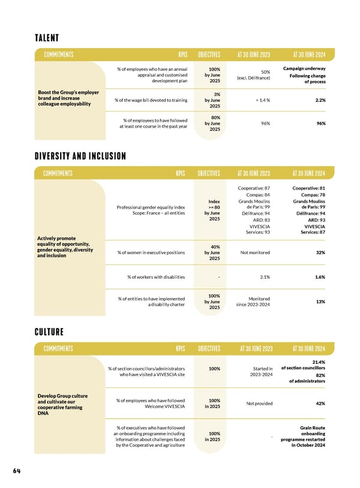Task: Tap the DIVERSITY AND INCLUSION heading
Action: coord(80,156)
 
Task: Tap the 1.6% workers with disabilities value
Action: coord(319,277)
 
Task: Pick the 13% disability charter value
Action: coord(320,302)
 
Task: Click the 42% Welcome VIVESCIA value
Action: coord(319,403)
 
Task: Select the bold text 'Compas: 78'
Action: coord(312,195)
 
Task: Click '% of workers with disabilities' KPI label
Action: coord(156,277)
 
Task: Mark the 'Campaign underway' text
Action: coord(304,68)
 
